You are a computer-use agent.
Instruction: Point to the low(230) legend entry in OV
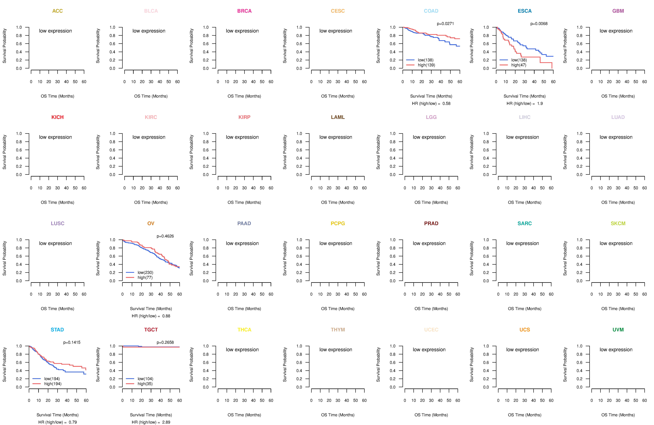tap(145, 273)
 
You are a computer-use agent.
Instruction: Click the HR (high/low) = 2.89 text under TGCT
tap(151, 422)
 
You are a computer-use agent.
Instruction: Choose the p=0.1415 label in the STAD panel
tap(72, 342)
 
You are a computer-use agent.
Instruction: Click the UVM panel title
tap(618, 330)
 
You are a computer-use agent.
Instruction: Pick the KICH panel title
tap(57, 117)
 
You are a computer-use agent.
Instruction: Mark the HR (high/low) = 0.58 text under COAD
tap(431, 104)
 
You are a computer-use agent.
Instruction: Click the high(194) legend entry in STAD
tap(53, 384)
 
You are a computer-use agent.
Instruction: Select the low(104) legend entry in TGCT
tap(145, 379)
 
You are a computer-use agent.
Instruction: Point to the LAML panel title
tap(338, 117)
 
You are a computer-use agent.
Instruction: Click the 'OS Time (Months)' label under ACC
tap(57, 96)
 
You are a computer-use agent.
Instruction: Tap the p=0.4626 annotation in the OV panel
tap(165, 236)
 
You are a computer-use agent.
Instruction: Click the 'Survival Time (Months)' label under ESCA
tap(525, 96)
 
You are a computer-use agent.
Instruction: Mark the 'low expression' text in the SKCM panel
tap(616, 243)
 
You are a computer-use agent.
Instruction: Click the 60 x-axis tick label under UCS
tap(551, 401)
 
